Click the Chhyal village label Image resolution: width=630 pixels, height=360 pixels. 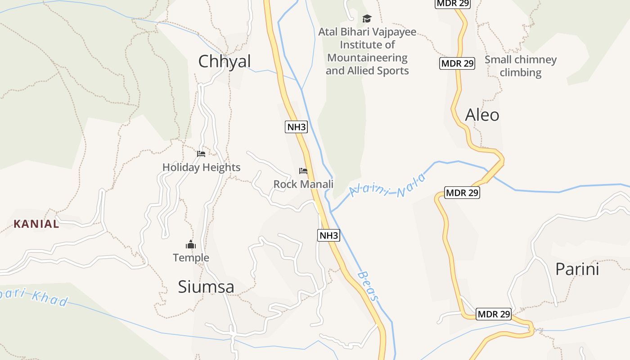tap(224, 62)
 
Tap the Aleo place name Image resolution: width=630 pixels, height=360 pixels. tap(482, 115)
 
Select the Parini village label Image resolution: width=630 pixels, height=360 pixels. tap(577, 269)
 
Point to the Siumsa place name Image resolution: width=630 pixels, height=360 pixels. tap(206, 287)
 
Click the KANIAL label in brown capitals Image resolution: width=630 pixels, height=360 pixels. tap(36, 224)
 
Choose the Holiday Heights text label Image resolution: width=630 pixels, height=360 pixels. tap(201, 167)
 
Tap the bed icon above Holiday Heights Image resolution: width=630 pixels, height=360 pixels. tap(201, 154)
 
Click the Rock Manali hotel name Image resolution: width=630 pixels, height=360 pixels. tap(303, 184)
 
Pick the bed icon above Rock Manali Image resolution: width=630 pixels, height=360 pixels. tap(303, 171)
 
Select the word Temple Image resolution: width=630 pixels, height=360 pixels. tap(191, 258)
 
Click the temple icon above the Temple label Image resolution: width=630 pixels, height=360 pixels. tap(191, 245)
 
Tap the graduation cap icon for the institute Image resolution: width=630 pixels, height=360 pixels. tap(367, 18)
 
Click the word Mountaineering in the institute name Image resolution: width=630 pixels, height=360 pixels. tap(367, 58)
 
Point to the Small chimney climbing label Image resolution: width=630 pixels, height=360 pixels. tap(520, 66)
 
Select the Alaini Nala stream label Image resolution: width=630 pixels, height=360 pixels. tap(387, 186)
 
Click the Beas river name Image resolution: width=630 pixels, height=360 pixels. tap(369, 286)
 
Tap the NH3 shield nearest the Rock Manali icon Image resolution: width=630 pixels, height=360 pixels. tap(297, 127)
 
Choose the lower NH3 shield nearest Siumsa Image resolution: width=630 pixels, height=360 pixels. tap(328, 235)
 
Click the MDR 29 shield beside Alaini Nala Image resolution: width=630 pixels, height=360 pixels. tap(462, 193)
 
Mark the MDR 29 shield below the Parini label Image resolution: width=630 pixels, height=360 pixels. tap(494, 314)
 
